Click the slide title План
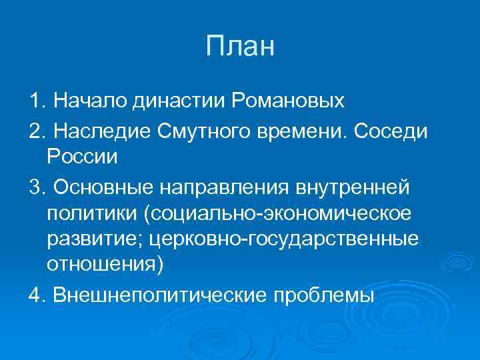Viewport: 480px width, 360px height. (240, 47)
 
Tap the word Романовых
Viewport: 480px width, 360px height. (288, 101)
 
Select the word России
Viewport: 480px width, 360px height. (82, 158)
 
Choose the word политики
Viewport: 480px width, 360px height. (87, 215)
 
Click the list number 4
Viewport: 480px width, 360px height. (35, 294)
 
